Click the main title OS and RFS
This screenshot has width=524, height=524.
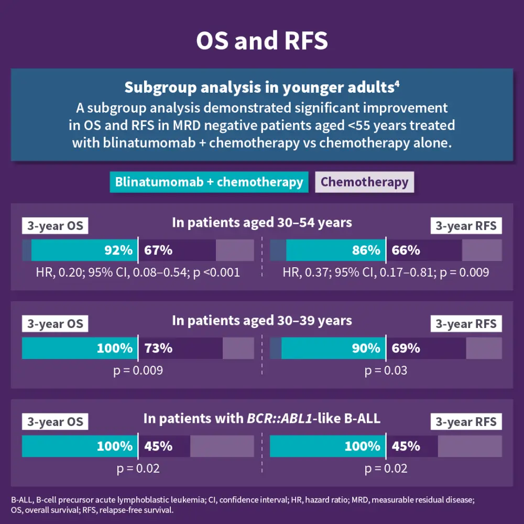(262, 41)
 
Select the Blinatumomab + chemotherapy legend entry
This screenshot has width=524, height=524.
(209, 182)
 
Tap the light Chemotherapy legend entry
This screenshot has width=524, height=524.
(364, 182)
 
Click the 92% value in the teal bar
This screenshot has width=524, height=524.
(118, 250)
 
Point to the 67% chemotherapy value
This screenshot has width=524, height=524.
(158, 250)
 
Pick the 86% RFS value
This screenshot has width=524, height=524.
(366, 250)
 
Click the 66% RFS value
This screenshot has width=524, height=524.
(406, 250)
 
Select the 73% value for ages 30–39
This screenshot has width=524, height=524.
(158, 348)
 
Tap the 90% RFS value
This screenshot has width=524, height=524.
(366, 348)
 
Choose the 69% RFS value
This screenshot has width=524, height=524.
(406, 348)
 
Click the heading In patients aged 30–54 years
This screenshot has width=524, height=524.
(262, 223)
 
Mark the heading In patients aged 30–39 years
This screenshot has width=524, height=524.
(262, 320)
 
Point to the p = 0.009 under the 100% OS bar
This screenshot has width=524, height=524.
(138, 371)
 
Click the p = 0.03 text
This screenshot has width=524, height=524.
(386, 371)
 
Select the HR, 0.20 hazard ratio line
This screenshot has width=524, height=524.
(138, 272)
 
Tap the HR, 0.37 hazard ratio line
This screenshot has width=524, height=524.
(386, 272)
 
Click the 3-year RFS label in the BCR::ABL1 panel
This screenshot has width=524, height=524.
(466, 422)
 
